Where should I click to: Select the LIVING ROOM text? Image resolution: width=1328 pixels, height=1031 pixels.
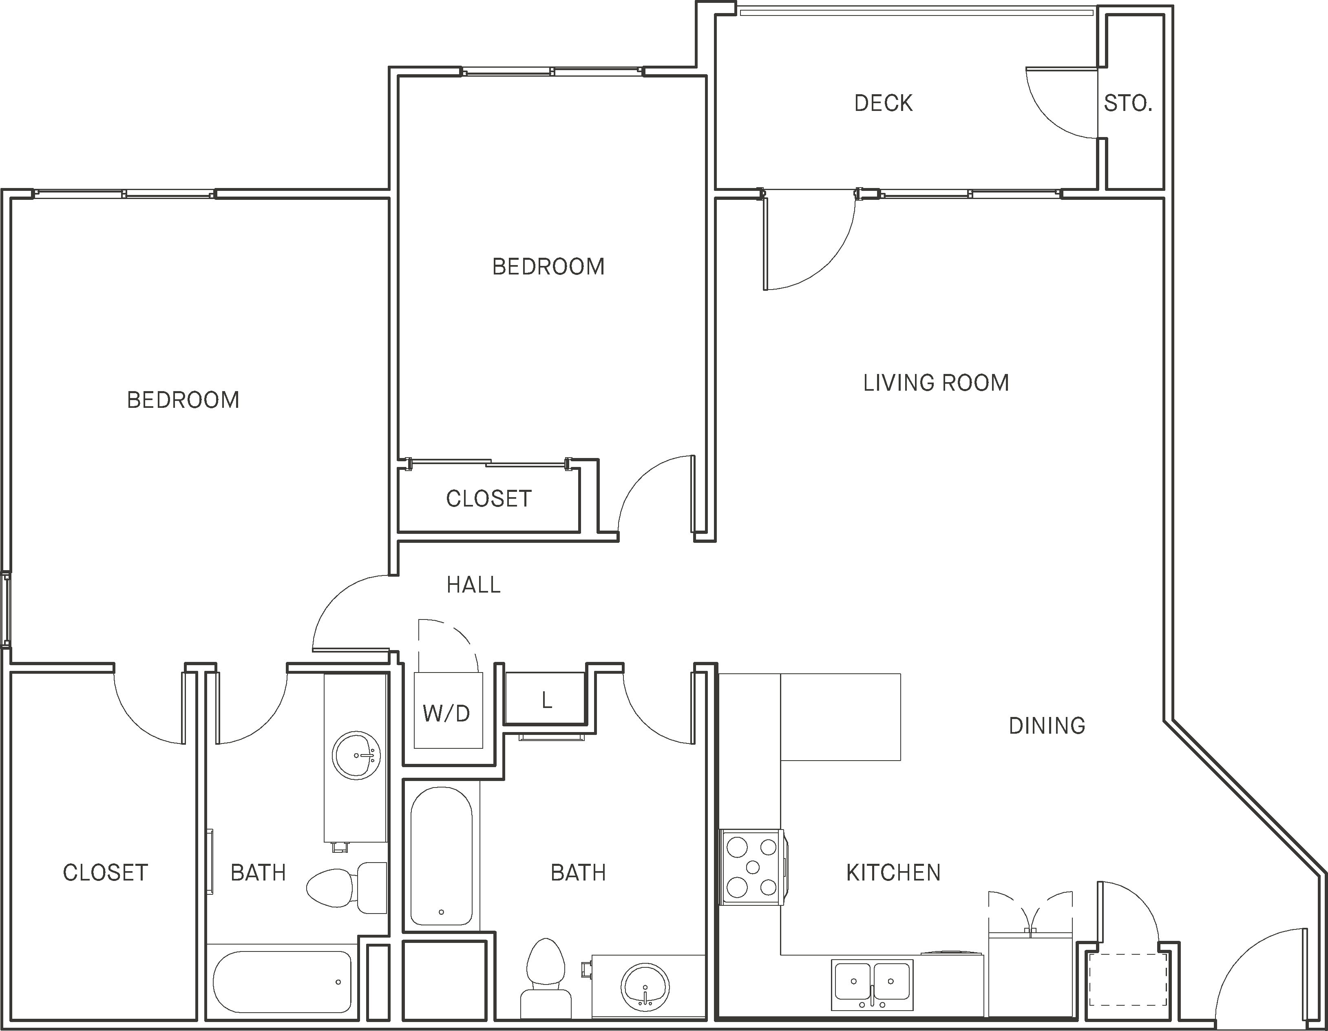pyautogui.click(x=936, y=383)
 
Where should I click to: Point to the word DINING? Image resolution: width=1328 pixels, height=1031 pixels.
pyautogui.click(x=1047, y=726)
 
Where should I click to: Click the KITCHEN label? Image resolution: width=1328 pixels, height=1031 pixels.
pyautogui.click(x=893, y=873)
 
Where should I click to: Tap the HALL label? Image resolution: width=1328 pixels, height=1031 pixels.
pyautogui.click(x=473, y=585)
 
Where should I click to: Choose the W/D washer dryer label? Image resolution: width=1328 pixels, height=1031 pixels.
pyautogui.click(x=446, y=713)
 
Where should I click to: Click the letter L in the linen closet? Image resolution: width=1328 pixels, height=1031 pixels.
pyautogui.click(x=547, y=701)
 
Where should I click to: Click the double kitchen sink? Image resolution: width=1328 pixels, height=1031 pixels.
pyautogui.click(x=872, y=984)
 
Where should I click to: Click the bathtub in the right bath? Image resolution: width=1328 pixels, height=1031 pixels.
pyautogui.click(x=441, y=858)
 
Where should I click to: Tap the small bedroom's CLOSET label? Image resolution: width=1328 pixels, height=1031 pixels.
pyautogui.click(x=488, y=499)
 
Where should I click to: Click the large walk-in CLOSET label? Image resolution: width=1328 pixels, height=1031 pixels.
pyautogui.click(x=105, y=873)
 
